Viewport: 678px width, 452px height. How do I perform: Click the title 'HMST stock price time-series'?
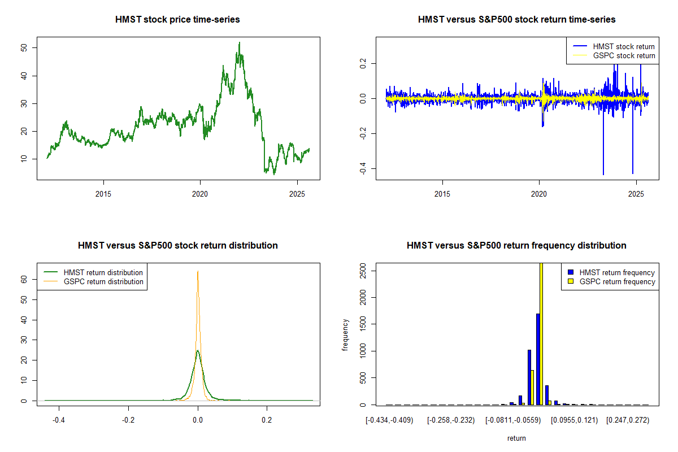pyautogui.click(x=177, y=20)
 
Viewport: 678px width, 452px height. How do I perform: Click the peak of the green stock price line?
pyautogui.click(x=239, y=43)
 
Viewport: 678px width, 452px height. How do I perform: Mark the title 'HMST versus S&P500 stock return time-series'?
pyautogui.click(x=516, y=20)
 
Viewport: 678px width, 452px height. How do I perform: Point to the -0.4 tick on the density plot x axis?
pyautogui.click(x=59, y=420)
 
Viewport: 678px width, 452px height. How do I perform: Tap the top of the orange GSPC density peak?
pyautogui.click(x=198, y=272)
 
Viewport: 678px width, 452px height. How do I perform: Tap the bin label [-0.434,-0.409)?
pyautogui.click(x=390, y=420)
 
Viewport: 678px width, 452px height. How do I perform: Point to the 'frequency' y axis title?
pyautogui.click(x=345, y=335)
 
